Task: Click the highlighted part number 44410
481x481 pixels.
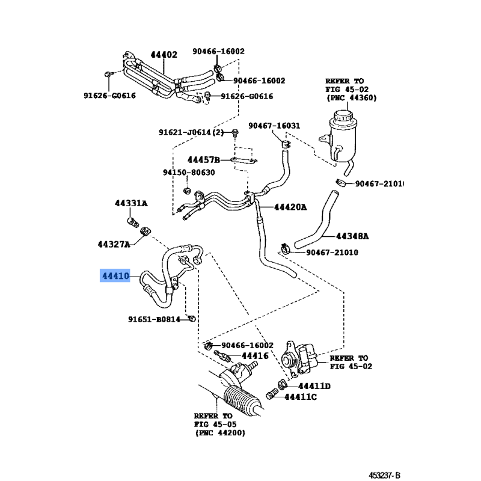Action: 115,277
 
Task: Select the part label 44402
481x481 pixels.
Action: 164,55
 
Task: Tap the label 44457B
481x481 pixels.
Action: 204,160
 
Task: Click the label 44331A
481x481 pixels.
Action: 131,204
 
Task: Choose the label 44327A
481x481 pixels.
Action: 114,245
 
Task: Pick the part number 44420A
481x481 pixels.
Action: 290,207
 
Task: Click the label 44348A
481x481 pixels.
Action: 352,236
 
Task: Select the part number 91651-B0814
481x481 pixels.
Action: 154,319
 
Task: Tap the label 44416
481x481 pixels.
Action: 255,357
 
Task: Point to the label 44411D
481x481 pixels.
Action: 315,385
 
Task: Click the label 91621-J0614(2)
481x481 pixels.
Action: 191,133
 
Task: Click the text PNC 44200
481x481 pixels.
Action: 219,433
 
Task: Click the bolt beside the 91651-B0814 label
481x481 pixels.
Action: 191,318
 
